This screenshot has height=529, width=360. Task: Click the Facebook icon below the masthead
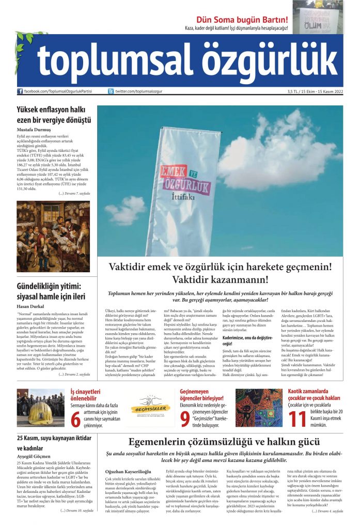point(20,91)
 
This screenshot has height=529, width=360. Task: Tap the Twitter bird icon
point(111,91)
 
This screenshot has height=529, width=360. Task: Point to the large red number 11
point(301,419)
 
